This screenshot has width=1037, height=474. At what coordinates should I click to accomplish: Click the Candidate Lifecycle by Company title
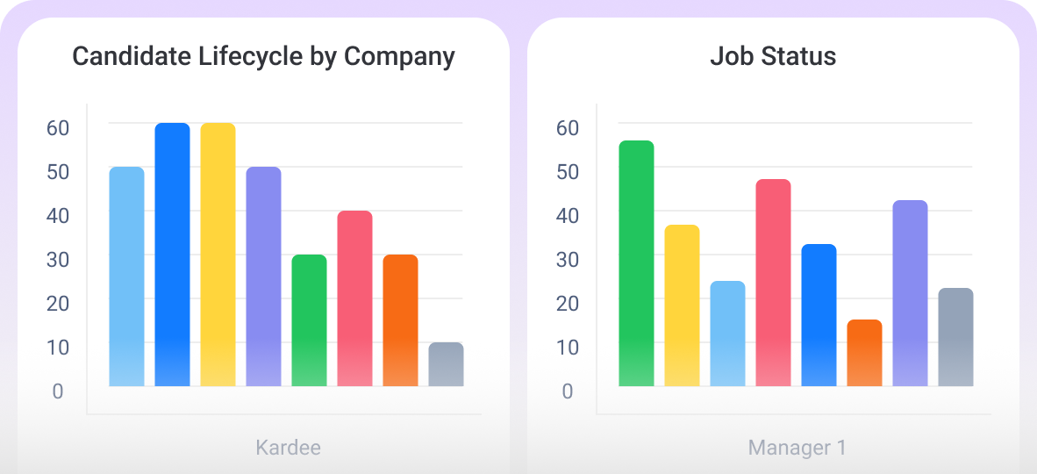click(263, 57)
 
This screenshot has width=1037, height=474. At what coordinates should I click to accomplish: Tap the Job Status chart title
click(773, 57)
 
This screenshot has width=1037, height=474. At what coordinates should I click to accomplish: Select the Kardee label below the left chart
click(288, 448)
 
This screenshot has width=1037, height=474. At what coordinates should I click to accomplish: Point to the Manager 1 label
click(797, 448)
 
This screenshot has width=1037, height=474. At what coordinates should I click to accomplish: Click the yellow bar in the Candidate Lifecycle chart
click(218, 255)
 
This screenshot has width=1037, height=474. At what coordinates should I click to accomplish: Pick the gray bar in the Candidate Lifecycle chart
click(446, 364)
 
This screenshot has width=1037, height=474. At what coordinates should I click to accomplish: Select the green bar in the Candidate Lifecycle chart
click(309, 320)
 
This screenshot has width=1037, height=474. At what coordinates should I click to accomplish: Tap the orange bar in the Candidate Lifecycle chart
click(400, 320)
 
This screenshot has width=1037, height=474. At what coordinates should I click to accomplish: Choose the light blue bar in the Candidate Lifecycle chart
click(126, 276)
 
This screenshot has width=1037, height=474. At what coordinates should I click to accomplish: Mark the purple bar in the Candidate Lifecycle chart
click(263, 276)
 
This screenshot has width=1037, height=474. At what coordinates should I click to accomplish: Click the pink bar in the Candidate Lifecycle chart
click(354, 298)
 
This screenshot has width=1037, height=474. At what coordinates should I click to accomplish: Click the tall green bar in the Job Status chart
click(636, 263)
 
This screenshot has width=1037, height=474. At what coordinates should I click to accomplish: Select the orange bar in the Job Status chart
click(864, 353)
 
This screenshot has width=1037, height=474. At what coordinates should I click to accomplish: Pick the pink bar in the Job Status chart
click(773, 283)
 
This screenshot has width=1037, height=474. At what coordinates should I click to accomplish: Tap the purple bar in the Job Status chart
click(910, 293)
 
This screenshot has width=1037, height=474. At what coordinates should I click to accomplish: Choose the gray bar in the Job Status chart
click(955, 337)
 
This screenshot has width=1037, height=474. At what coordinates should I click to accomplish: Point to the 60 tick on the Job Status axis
click(568, 128)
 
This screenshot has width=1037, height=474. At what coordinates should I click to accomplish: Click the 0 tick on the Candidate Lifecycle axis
click(58, 391)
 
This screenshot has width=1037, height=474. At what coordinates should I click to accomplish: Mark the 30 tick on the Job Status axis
click(568, 260)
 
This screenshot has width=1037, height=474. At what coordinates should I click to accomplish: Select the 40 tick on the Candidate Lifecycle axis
click(58, 216)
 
